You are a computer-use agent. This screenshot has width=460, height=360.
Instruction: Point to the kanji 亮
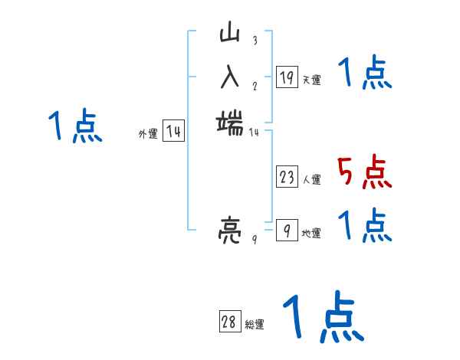230,229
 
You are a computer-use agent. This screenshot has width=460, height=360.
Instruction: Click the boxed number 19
287,77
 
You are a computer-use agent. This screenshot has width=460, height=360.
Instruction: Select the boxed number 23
287,178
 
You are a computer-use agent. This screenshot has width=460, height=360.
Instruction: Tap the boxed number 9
287,230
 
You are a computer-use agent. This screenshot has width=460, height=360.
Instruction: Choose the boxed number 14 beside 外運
173,132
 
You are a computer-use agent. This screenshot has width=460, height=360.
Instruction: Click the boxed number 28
229,322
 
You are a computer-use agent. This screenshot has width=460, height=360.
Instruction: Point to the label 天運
311,80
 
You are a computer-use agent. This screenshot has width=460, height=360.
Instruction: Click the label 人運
311,180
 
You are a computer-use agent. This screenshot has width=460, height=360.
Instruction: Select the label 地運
311,233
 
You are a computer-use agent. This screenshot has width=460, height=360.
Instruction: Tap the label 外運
148,134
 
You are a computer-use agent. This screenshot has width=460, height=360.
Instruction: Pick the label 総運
255,325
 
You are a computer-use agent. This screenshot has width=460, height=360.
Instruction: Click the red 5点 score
364,172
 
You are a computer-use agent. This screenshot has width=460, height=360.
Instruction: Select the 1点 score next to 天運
364,74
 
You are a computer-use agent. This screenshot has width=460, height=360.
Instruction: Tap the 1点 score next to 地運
364,224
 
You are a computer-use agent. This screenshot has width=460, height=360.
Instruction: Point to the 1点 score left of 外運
74,126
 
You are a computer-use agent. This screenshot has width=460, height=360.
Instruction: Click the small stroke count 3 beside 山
254,41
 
